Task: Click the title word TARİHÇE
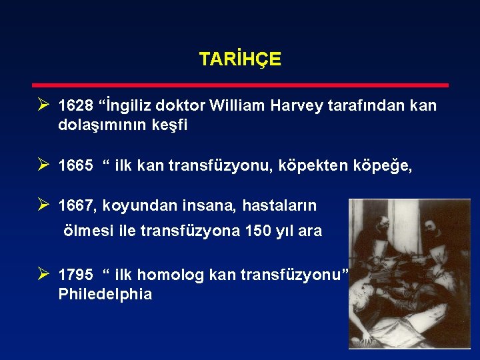tap(240, 59)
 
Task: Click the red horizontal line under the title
tap(241, 85)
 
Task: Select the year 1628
tap(75, 106)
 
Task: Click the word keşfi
tap(168, 125)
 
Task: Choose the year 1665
tap(75, 166)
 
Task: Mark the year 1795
tap(75, 275)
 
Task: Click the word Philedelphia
tap(105, 294)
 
